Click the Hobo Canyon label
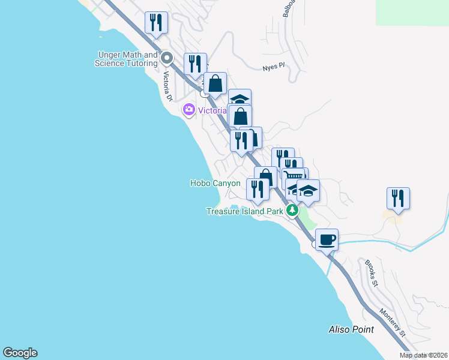click(215, 184)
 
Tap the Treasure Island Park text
click(244, 211)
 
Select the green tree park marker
click(292, 210)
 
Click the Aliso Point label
click(351, 329)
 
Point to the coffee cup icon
click(327, 240)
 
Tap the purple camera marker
click(189, 109)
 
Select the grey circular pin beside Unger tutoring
click(167, 59)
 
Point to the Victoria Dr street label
click(169, 86)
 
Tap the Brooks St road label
click(370, 274)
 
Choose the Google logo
click(20, 353)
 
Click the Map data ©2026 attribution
click(424, 355)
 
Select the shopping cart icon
click(294, 177)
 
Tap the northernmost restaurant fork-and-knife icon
click(156, 23)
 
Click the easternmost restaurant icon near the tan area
click(398, 198)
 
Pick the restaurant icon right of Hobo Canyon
click(258, 189)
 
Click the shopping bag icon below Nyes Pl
click(215, 84)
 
